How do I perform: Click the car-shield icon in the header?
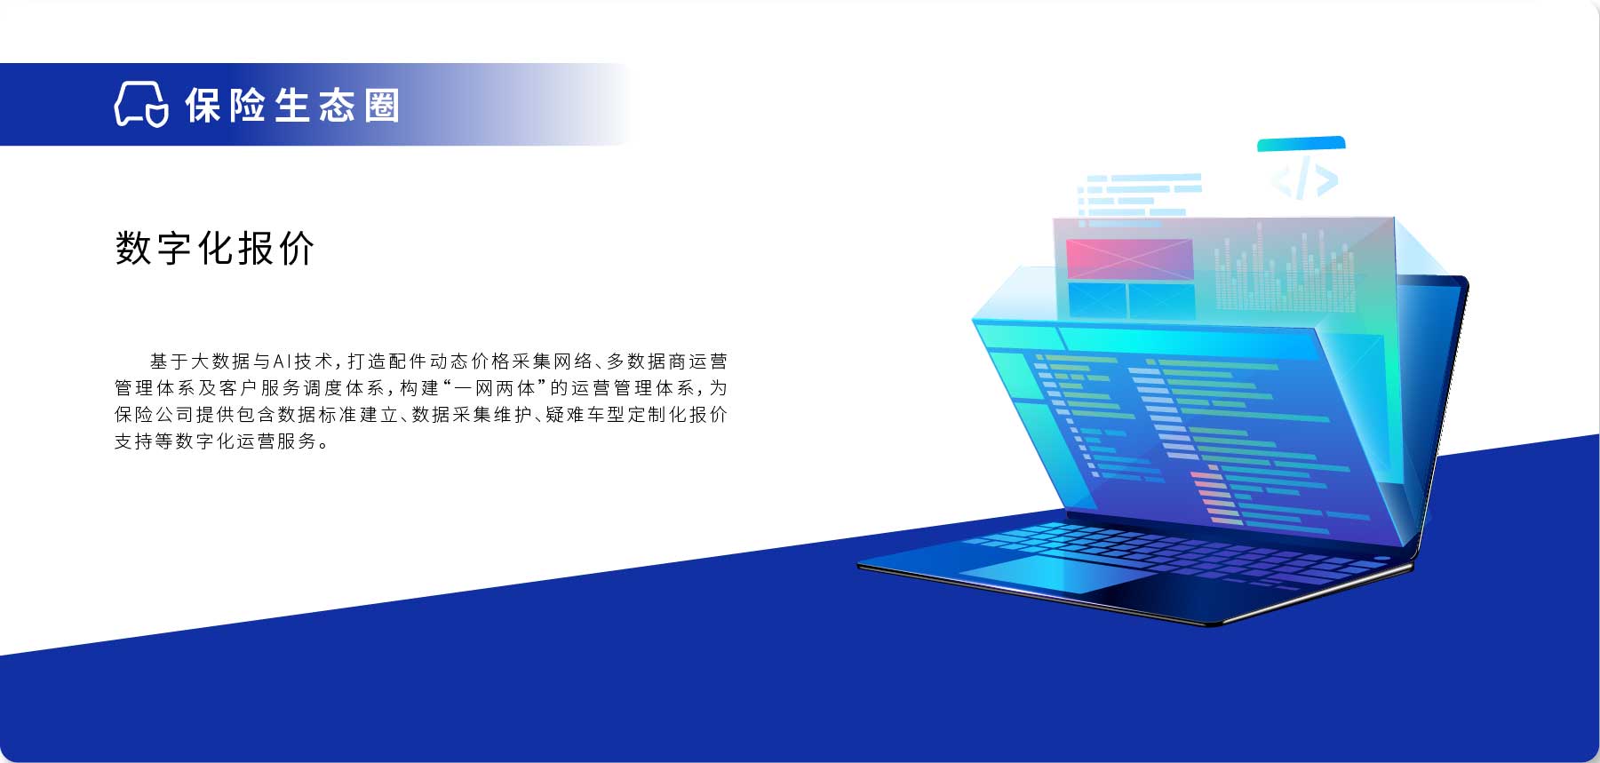(x=141, y=105)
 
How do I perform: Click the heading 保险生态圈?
(x=293, y=106)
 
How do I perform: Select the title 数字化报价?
(x=215, y=248)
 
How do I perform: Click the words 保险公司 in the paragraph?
(x=154, y=415)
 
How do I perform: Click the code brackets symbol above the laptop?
(x=1304, y=180)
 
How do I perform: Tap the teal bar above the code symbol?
(x=1301, y=144)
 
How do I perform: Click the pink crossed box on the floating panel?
(x=1129, y=259)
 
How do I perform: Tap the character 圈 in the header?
(x=383, y=106)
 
